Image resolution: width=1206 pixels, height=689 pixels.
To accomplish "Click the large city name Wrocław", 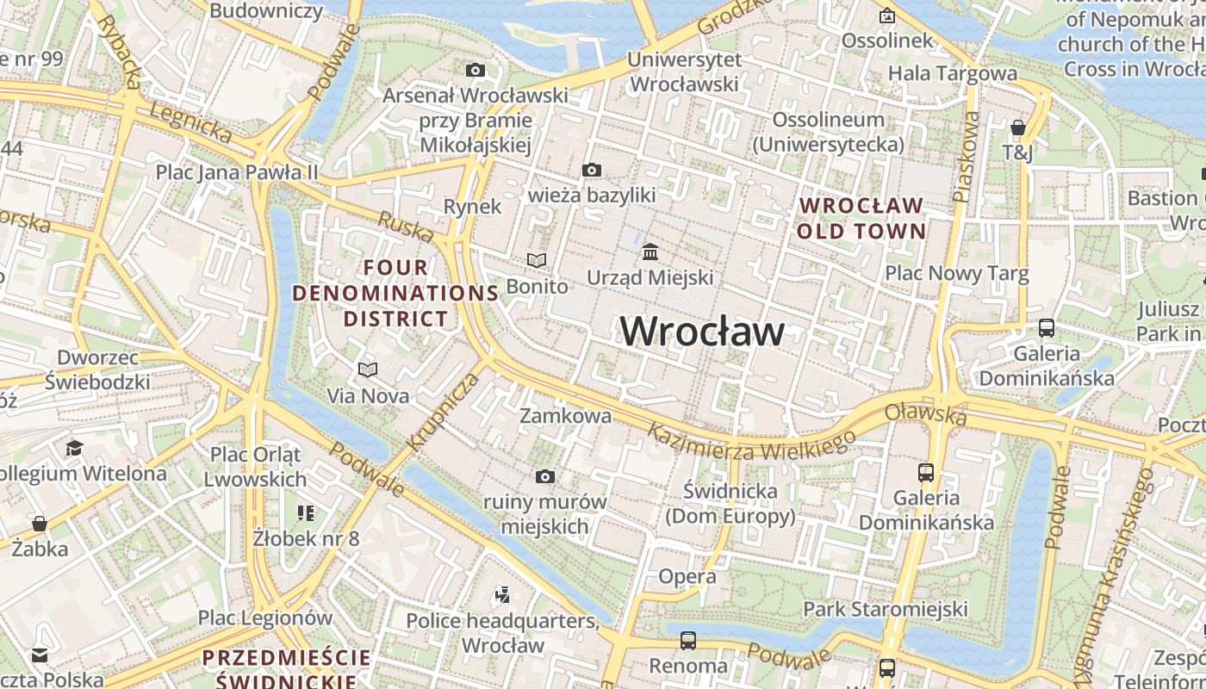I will pyautogui.click(x=702, y=332).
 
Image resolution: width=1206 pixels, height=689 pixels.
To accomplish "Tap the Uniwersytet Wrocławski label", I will pyautogui.click(x=685, y=71).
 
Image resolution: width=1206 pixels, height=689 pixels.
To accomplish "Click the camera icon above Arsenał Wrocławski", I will pyautogui.click(x=475, y=70).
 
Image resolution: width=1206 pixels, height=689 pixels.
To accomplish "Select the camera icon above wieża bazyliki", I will pyautogui.click(x=591, y=170).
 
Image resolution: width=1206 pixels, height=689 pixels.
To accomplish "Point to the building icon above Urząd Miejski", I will pyautogui.click(x=650, y=251).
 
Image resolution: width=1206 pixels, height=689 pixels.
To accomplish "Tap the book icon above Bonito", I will pyautogui.click(x=537, y=260).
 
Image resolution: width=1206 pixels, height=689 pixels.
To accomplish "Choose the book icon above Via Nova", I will pyautogui.click(x=368, y=369).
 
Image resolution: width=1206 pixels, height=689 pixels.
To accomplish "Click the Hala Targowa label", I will pyautogui.click(x=952, y=73).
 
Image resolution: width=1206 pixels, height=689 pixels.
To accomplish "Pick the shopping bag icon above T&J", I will pyautogui.click(x=1017, y=127).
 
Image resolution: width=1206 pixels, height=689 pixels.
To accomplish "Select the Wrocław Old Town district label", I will pyautogui.click(x=861, y=218).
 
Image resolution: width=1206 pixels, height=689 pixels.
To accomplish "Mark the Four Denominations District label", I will pyautogui.click(x=395, y=293).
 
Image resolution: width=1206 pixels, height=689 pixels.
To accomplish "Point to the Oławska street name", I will pyautogui.click(x=925, y=414).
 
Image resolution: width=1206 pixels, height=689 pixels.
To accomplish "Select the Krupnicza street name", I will pyautogui.click(x=442, y=412).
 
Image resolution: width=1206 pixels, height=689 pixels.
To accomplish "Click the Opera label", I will pyautogui.click(x=687, y=576).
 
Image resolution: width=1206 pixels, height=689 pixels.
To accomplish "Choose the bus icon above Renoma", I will pyautogui.click(x=687, y=640).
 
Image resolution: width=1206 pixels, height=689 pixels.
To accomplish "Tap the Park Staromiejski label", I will pyautogui.click(x=886, y=609).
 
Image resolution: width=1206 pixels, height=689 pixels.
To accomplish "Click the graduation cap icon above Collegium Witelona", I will pyautogui.click(x=74, y=448).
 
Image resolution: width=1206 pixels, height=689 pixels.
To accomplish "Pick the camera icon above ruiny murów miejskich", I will pyautogui.click(x=544, y=476).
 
